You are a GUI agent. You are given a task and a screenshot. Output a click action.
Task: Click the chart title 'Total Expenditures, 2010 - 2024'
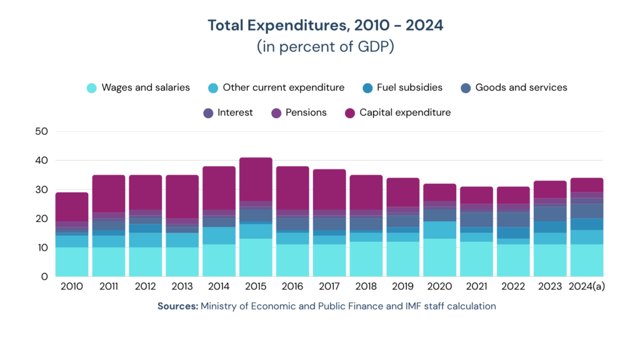(x=325, y=26)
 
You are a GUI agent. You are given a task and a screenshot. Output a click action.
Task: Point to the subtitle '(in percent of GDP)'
(x=325, y=47)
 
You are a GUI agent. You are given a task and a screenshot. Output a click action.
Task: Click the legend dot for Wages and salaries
(x=92, y=88)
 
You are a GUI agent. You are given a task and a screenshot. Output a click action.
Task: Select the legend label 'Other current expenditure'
(x=283, y=87)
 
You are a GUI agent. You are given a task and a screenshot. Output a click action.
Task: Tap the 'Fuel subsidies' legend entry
(x=409, y=87)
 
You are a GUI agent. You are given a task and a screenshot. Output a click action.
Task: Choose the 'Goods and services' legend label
(x=521, y=87)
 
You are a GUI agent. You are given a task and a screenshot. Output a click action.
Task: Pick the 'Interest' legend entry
(x=235, y=112)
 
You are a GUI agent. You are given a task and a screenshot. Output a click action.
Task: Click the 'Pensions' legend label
(x=306, y=112)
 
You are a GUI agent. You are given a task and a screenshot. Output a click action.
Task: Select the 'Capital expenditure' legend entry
(x=405, y=112)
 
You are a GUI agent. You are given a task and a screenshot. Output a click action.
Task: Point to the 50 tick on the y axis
(x=42, y=131)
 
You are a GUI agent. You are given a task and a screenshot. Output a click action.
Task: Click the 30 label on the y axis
(x=42, y=189)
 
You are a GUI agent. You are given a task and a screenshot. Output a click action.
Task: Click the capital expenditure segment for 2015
(x=256, y=179)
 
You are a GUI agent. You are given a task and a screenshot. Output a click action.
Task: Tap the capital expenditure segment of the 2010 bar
(x=72, y=207)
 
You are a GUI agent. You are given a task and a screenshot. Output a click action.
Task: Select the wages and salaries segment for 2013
(x=182, y=262)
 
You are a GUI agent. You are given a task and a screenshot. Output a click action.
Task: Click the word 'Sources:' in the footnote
(x=177, y=306)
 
